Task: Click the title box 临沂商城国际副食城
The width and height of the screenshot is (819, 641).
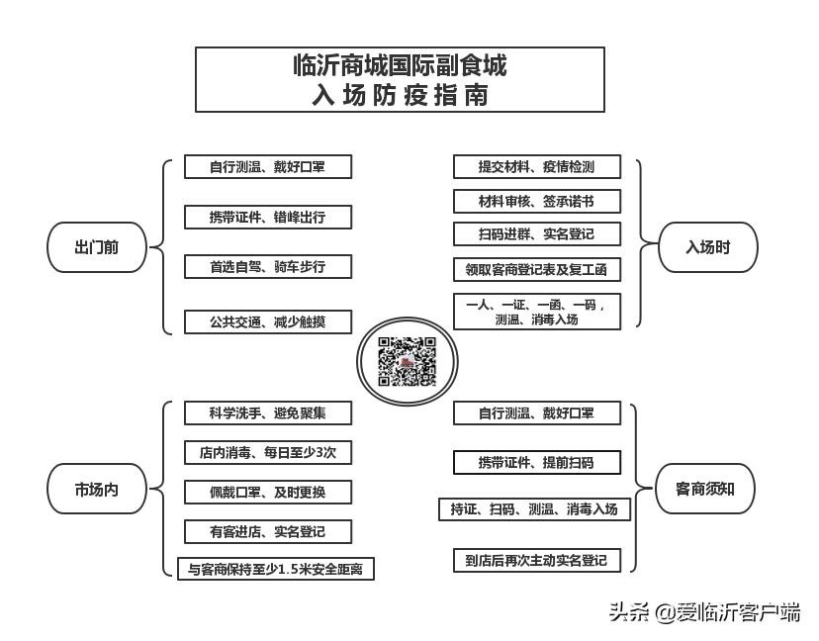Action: pyautogui.click(x=400, y=80)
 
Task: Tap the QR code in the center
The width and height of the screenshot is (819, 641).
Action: pyautogui.click(x=408, y=362)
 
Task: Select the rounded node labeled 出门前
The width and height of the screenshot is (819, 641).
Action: pyautogui.click(x=97, y=247)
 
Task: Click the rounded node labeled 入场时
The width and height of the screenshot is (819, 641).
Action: pyautogui.click(x=707, y=247)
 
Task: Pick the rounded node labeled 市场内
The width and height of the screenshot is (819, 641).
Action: pyautogui.click(x=97, y=489)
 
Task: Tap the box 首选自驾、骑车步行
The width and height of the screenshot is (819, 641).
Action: pyautogui.click(x=267, y=266)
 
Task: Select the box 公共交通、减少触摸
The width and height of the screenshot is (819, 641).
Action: pyautogui.click(x=267, y=321)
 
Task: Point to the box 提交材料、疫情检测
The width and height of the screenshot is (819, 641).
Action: pyautogui.click(x=536, y=166)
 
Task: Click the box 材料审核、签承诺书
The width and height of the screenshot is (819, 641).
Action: pyautogui.click(x=536, y=201)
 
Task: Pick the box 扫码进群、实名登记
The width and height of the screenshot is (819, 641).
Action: pyautogui.click(x=536, y=234)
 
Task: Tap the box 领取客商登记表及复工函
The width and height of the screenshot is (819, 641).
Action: pyautogui.click(x=536, y=268)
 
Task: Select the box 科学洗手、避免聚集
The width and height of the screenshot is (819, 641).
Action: pyautogui.click(x=267, y=412)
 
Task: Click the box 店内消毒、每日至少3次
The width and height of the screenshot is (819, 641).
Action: pyautogui.click(x=267, y=452)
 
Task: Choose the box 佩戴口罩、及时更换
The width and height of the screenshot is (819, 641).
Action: pyautogui.click(x=267, y=492)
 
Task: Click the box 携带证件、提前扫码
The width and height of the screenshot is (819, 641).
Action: pyautogui.click(x=536, y=462)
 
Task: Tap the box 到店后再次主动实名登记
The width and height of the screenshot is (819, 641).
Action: pyautogui.click(x=536, y=560)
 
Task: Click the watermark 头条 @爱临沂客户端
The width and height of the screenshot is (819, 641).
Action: pyautogui.click(x=704, y=612)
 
